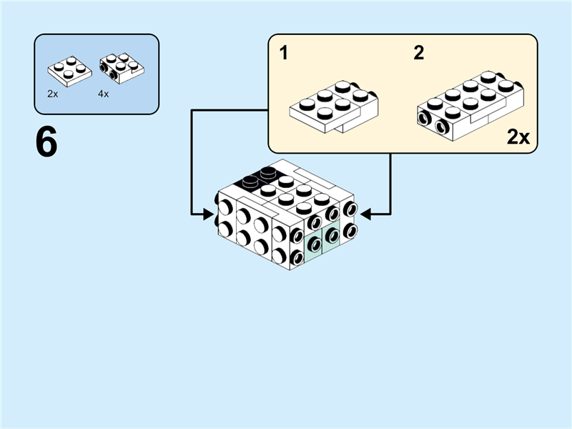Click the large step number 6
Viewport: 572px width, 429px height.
(x=46, y=143)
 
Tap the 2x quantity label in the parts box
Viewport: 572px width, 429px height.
(x=52, y=94)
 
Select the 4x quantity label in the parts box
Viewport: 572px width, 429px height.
(x=104, y=94)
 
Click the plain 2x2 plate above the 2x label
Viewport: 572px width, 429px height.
(x=70, y=70)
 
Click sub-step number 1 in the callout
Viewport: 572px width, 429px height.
(x=284, y=53)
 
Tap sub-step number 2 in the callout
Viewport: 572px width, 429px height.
(x=418, y=53)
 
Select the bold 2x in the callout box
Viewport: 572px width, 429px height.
(x=518, y=137)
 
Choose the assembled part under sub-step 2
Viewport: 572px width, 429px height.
(x=468, y=104)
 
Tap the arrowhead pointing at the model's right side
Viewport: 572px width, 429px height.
(x=367, y=212)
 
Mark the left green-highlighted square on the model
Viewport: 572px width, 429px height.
(x=315, y=245)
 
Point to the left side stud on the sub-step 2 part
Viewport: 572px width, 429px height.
(x=425, y=119)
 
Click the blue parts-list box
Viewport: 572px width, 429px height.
(x=97, y=74)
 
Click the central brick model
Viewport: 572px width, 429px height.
(x=286, y=214)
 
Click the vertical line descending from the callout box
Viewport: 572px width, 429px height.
(x=390, y=182)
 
